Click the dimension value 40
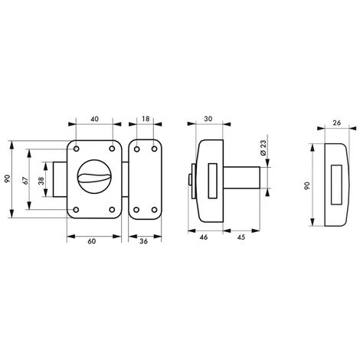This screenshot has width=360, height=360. tap(94, 119)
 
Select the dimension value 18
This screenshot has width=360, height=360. tap(146, 119)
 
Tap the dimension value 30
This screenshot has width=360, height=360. tap(208, 119)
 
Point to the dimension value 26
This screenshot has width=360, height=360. tap(337, 123)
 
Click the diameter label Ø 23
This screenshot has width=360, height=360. tap(263, 148)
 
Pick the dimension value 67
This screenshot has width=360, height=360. tap(25, 180)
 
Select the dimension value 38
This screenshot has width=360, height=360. tap(41, 181)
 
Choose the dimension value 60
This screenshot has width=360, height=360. tap(92, 241)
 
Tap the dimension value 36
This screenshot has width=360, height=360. tap(144, 241)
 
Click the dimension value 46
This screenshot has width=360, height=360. tap(204, 237)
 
